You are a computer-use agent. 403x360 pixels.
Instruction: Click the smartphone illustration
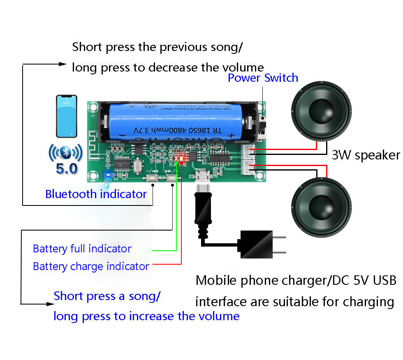point(67,116)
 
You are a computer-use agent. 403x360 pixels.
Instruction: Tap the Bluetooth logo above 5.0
point(65,152)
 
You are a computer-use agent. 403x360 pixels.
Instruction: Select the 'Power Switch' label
point(263,78)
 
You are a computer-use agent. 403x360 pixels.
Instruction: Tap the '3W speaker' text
point(366,155)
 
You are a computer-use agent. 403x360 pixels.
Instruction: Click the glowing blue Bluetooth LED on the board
point(108,176)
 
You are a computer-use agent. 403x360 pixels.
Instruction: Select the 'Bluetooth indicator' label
point(96,194)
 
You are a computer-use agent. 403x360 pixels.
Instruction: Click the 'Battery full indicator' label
point(82,249)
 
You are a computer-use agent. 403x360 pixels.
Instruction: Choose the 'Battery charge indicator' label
point(91,266)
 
